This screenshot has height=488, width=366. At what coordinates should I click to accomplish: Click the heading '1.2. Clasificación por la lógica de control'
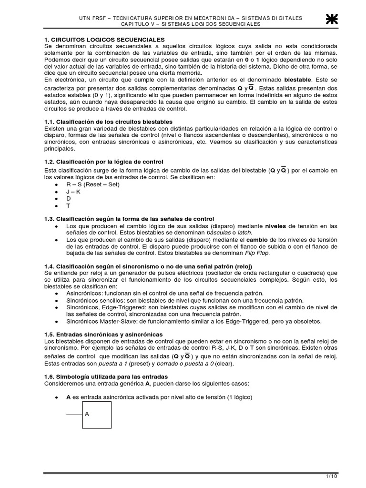pyautogui.click(x=103, y=162)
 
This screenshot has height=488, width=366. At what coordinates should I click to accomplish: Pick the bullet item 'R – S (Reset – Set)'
pyautogui.click(x=92, y=184)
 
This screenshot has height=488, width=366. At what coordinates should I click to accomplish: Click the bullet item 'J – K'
pyautogui.click(x=73, y=191)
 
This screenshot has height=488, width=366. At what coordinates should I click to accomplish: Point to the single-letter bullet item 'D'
pyautogui.click(x=68, y=198)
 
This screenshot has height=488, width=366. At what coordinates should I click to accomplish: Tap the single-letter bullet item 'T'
pyautogui.click(x=68, y=205)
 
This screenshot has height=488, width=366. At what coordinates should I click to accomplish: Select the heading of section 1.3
pyautogui.click(x=129, y=218)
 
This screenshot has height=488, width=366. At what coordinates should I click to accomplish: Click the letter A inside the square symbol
pyautogui.click(x=87, y=414)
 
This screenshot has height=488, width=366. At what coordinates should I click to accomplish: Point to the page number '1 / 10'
pyautogui.click(x=332, y=476)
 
